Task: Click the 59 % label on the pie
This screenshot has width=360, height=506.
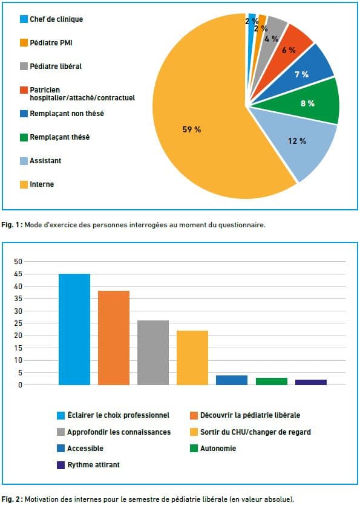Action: point(191,129)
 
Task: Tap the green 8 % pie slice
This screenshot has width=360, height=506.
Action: point(307,103)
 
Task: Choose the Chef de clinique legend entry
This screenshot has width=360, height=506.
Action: point(51,19)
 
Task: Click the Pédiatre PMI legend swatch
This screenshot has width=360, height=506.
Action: point(24,42)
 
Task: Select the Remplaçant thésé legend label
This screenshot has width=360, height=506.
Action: point(60,137)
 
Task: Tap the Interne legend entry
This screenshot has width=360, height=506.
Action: point(37,184)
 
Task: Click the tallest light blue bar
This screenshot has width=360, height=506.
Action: point(74,329)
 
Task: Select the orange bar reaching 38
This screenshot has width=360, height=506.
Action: point(114,338)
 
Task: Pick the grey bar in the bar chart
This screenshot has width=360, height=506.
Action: point(153,352)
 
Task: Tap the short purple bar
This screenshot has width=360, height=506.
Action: point(311,383)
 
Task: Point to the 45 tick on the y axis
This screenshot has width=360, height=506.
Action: point(18,274)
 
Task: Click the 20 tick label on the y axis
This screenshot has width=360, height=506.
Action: point(18,336)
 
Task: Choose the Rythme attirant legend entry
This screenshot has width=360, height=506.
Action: point(88,465)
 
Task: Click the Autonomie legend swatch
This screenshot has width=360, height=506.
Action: point(194,448)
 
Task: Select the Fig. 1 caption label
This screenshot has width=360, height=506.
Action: point(11,225)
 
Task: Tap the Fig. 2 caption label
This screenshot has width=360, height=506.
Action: point(11,499)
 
